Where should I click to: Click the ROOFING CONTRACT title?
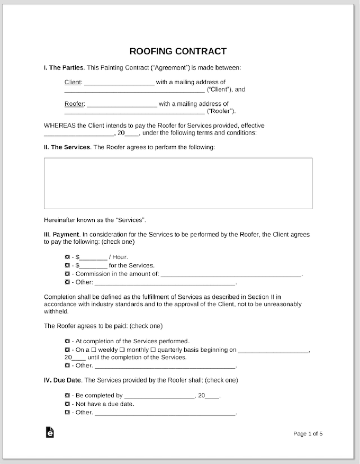[178, 51]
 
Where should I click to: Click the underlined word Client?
[73, 82]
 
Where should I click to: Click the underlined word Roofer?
[74, 104]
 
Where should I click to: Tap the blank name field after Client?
[119, 83]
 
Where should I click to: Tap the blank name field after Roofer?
[122, 104]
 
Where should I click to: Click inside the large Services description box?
[178, 183]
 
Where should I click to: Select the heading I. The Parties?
[64, 68]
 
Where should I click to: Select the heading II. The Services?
[67, 147]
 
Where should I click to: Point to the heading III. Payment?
[62, 234]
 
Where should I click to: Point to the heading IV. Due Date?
[63, 380]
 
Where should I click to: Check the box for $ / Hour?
[67, 257]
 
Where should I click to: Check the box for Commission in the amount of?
[67, 274]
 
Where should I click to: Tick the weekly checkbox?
[94, 350]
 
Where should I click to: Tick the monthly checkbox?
[122, 350]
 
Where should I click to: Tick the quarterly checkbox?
[153, 350]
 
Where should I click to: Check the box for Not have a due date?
[67, 404]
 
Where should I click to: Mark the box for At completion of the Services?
[67, 341]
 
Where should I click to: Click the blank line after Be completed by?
[159, 396]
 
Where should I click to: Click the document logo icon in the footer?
[50, 433]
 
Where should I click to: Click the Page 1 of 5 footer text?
[308, 434]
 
